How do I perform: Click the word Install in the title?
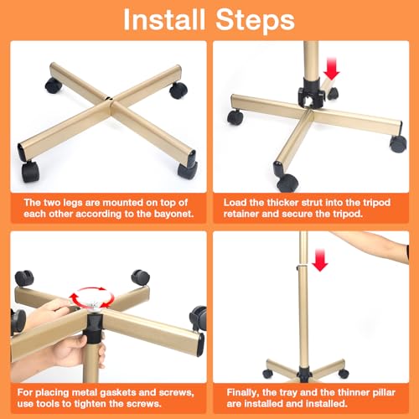164,19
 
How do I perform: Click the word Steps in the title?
255,21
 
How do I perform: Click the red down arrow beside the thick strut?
332,69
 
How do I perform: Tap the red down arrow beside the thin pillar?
320,260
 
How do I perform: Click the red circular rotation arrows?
92,297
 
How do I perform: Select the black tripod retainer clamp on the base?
311,93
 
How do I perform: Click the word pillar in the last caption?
382,393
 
